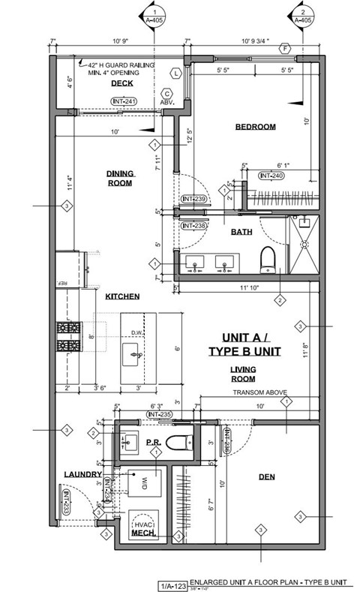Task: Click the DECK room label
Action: pos(122,83)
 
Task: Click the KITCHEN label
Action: pos(122,297)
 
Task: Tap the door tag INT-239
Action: pos(193,200)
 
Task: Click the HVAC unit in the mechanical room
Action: pos(142,521)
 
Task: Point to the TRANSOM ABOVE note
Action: pos(257,392)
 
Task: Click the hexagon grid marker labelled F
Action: pos(284,49)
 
